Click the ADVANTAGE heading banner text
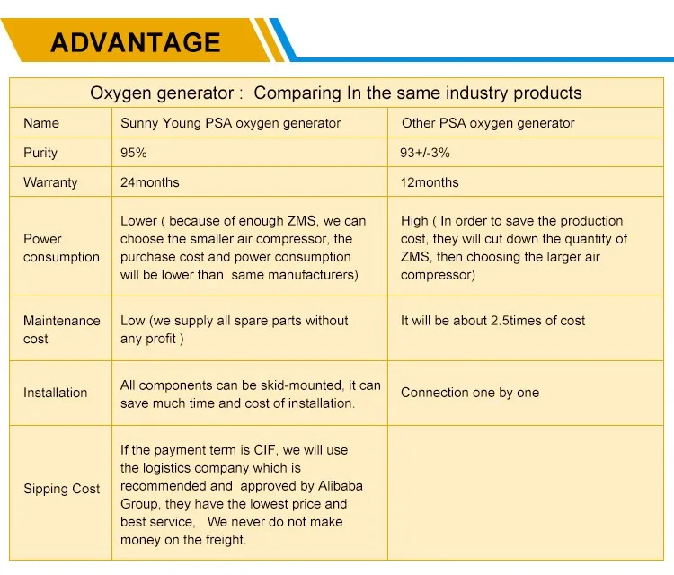135,41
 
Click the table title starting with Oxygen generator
335,93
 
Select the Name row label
41,123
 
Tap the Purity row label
40,153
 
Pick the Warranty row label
50,182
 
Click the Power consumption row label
61,248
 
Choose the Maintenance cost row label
61,330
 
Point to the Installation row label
55,393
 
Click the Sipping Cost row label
61,489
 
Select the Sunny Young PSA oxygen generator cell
230,123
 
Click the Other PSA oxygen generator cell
487,123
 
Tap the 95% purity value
134,153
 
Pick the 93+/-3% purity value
425,153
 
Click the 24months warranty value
149,182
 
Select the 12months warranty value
430,182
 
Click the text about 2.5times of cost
492,321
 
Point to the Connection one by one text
469,393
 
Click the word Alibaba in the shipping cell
336,486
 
